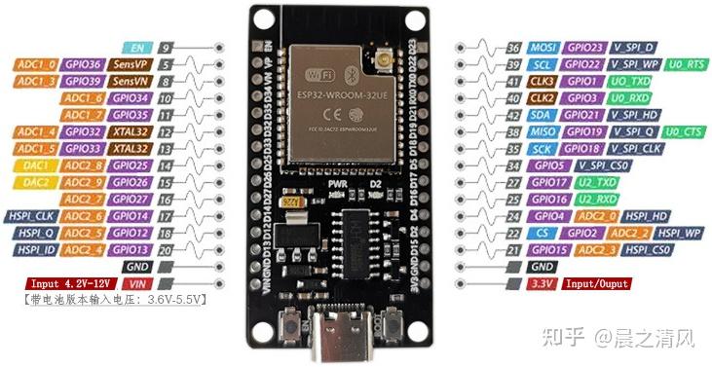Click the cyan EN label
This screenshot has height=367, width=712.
click(x=136, y=47)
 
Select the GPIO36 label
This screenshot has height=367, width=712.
click(x=84, y=63)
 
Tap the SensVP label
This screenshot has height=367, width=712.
click(x=130, y=63)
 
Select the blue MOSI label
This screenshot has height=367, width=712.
click(x=543, y=47)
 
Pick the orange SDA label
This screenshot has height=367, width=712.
click(x=543, y=114)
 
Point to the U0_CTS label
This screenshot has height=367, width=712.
click(x=686, y=131)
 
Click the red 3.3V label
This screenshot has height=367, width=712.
click(x=543, y=283)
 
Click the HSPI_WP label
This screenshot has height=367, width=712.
click(x=678, y=233)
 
